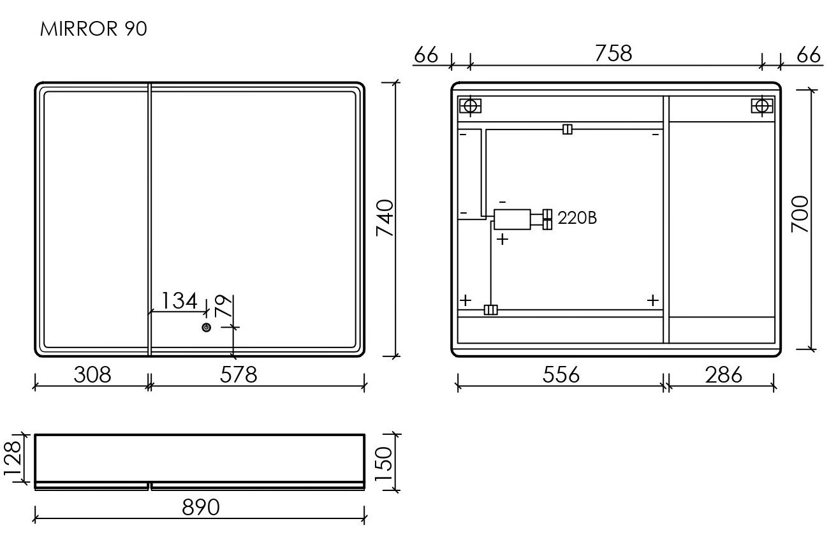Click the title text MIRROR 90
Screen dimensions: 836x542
click(x=93, y=29)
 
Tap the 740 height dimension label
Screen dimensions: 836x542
click(x=385, y=218)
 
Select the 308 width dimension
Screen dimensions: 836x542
click(x=92, y=374)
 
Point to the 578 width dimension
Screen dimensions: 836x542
click(x=238, y=374)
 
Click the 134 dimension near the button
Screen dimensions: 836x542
click(x=179, y=300)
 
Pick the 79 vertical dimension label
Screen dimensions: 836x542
click(x=224, y=305)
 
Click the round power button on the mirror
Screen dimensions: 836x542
click(x=207, y=327)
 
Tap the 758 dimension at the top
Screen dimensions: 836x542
click(x=613, y=53)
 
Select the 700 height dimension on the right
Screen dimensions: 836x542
click(x=800, y=214)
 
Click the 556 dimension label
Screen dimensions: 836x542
click(x=561, y=374)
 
